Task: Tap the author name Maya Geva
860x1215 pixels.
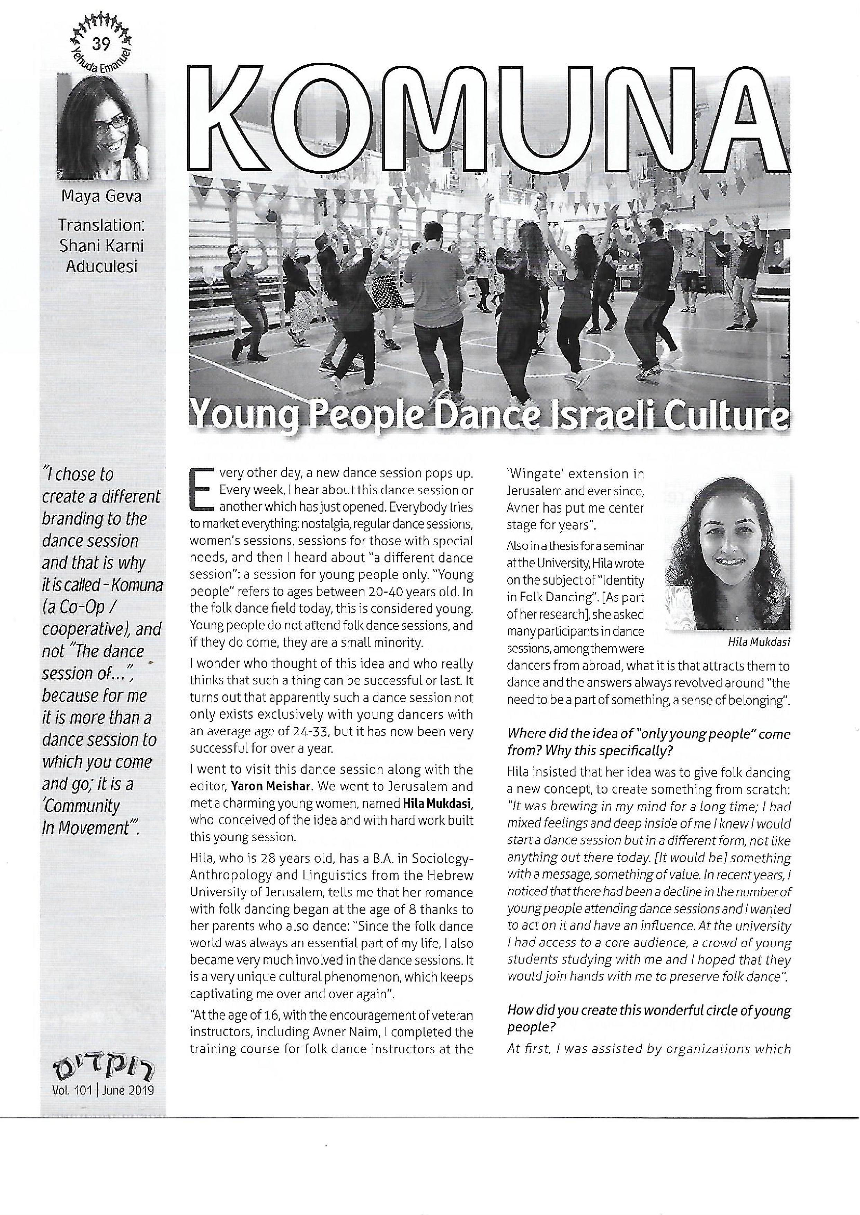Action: (101, 197)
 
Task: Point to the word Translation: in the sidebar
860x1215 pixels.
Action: (101, 225)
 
